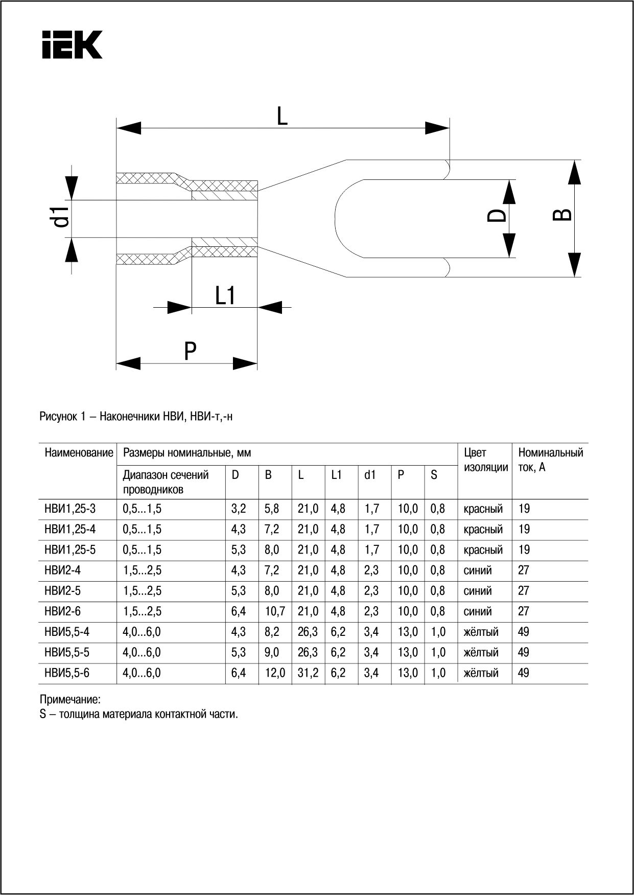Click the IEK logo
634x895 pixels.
point(72,44)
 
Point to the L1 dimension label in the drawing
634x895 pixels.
point(225,295)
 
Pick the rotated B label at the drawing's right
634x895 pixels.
point(562,215)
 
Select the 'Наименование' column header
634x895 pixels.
point(79,453)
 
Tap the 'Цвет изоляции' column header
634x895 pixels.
point(485,460)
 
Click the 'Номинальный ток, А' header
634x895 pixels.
point(550,460)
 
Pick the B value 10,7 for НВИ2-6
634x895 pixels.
point(275,611)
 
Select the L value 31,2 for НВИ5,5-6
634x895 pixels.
point(308,673)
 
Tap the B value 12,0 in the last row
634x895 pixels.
point(275,673)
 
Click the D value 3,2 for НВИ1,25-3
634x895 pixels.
point(239,509)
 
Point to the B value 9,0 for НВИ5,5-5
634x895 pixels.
point(272,652)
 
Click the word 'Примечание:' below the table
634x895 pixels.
point(70,699)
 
